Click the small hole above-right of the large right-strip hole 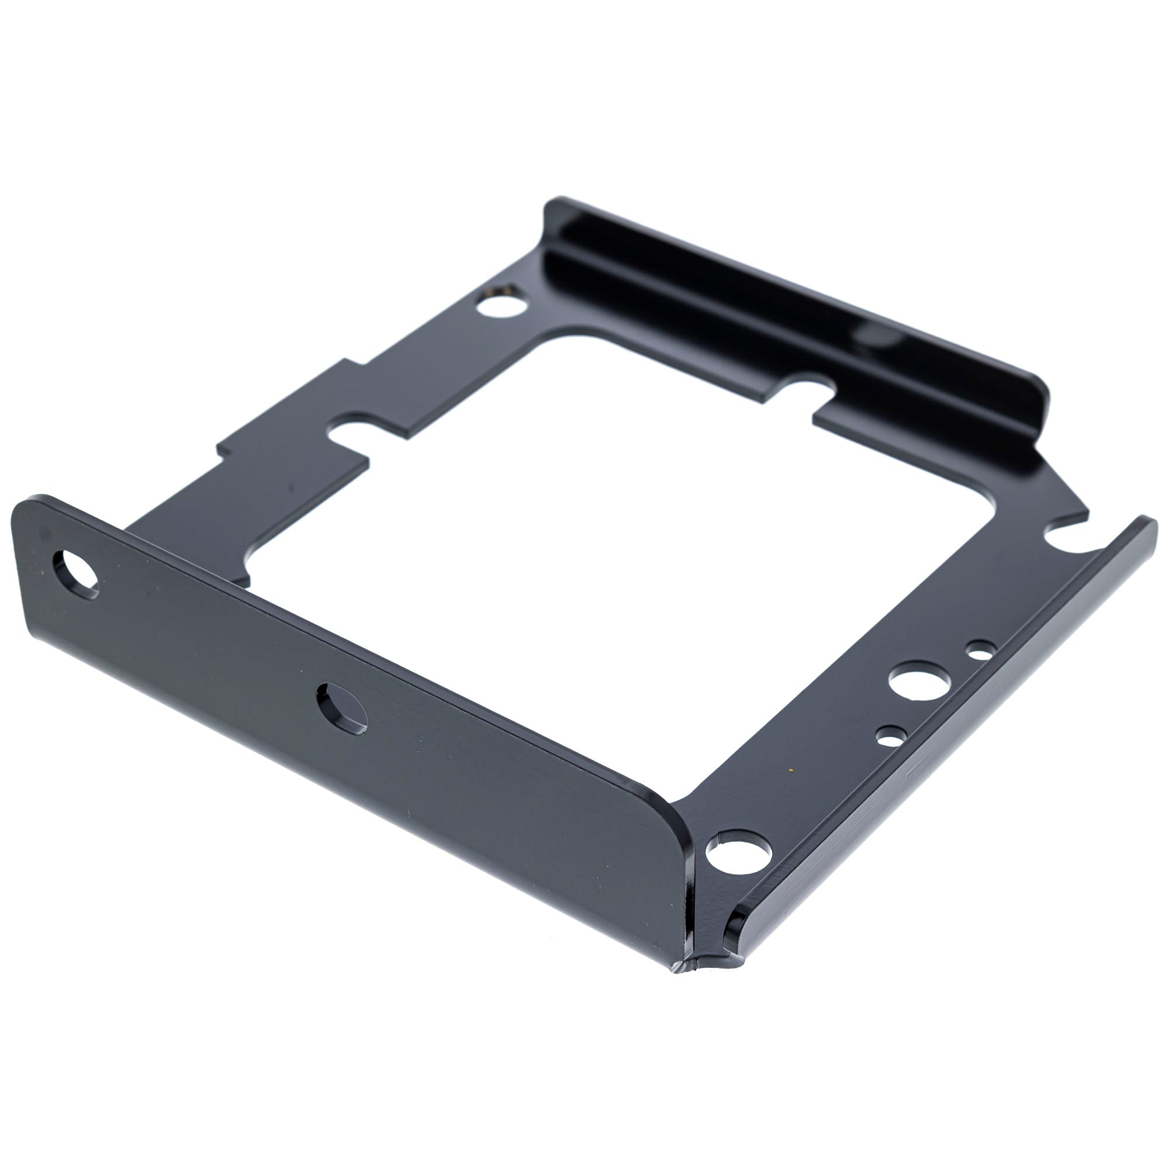[x=981, y=652]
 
